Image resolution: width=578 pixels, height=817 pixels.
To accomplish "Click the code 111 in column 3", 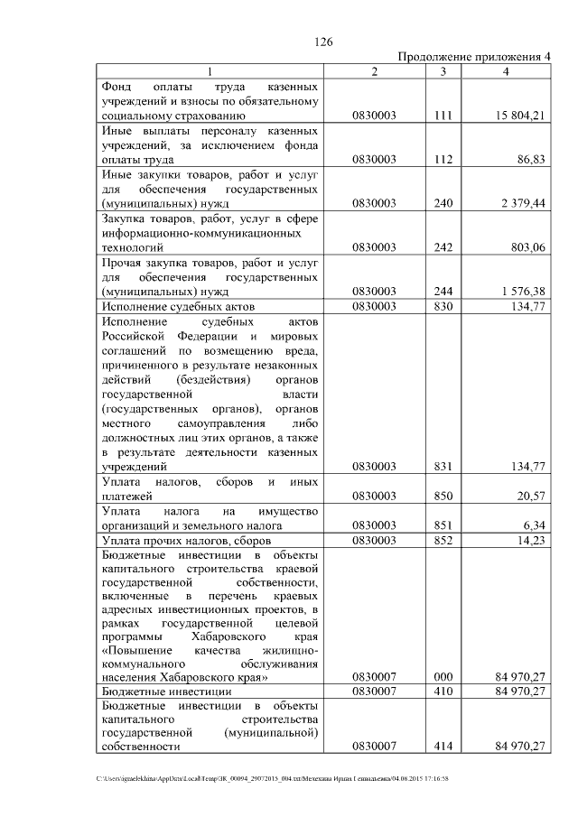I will (x=443, y=116).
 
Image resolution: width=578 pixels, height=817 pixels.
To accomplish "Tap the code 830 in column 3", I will (x=443, y=306).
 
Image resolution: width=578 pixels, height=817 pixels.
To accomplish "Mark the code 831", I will (x=443, y=467).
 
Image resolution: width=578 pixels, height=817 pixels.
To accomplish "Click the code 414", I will (x=443, y=747).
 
